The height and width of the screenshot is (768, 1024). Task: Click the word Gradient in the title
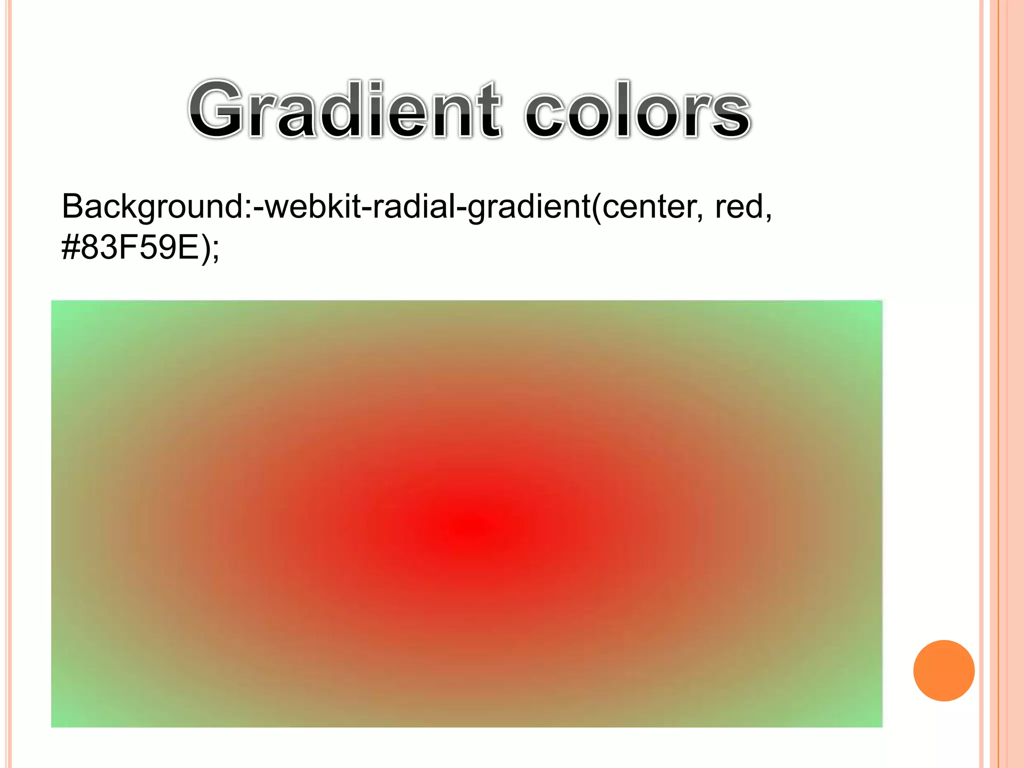click(345, 110)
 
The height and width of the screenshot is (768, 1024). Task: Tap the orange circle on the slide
click(943, 670)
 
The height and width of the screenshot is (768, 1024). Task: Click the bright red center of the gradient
click(475, 527)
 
